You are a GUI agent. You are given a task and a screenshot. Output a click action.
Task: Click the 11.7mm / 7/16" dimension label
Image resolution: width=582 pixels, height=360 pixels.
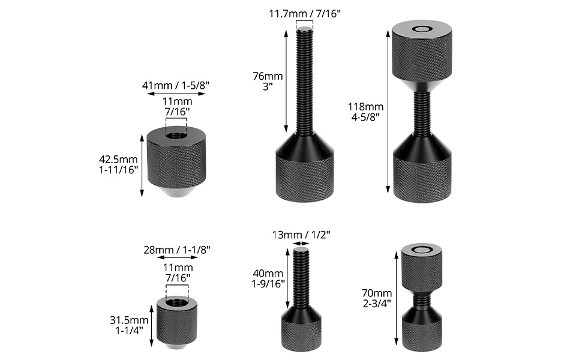[x=305, y=14]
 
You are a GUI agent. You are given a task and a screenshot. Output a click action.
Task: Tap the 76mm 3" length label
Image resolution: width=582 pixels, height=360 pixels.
[x=268, y=81]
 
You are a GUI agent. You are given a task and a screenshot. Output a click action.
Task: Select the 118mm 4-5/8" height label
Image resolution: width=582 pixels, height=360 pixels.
[x=365, y=112]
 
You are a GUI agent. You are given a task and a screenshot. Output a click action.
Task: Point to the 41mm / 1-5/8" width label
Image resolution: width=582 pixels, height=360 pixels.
[x=176, y=85]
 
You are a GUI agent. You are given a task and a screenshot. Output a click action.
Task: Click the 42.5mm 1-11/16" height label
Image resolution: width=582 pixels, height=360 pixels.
[x=118, y=164]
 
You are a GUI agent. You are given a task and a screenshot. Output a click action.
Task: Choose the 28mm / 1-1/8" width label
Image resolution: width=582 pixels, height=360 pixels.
[x=176, y=250]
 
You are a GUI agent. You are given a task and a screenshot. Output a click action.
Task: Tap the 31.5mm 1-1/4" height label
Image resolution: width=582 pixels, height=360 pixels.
[x=129, y=325]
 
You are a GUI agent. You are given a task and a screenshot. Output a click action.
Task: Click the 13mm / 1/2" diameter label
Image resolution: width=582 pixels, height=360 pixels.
[x=301, y=235]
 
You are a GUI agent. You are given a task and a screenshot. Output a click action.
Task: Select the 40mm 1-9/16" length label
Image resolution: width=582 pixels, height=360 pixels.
[x=268, y=278]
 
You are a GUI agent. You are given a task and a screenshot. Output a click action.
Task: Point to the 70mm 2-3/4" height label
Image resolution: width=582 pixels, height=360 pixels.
[x=377, y=298]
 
